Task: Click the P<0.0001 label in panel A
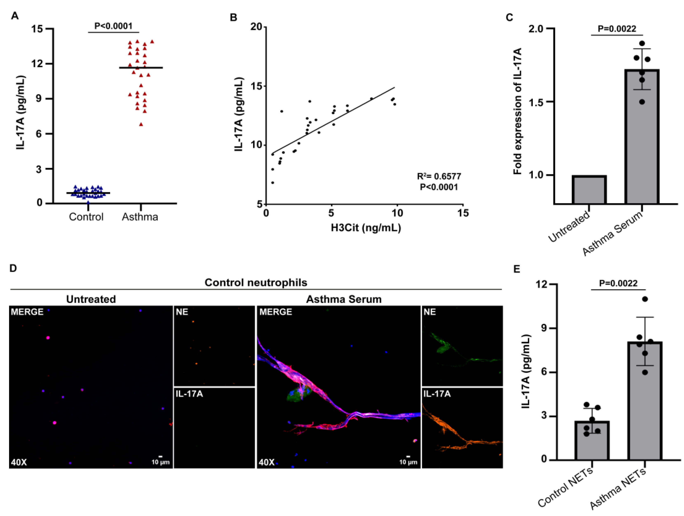click(x=113, y=26)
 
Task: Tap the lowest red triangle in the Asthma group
click(x=141, y=124)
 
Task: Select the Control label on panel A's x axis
click(x=86, y=217)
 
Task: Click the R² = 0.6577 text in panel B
click(x=439, y=176)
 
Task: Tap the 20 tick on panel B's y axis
click(x=256, y=27)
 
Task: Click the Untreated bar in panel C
click(x=589, y=190)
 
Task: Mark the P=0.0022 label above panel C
click(x=617, y=29)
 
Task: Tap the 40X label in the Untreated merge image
click(x=19, y=462)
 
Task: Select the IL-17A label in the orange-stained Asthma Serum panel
click(x=437, y=394)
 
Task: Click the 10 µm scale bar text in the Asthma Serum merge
click(x=408, y=462)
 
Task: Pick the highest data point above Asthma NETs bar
click(x=645, y=299)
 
